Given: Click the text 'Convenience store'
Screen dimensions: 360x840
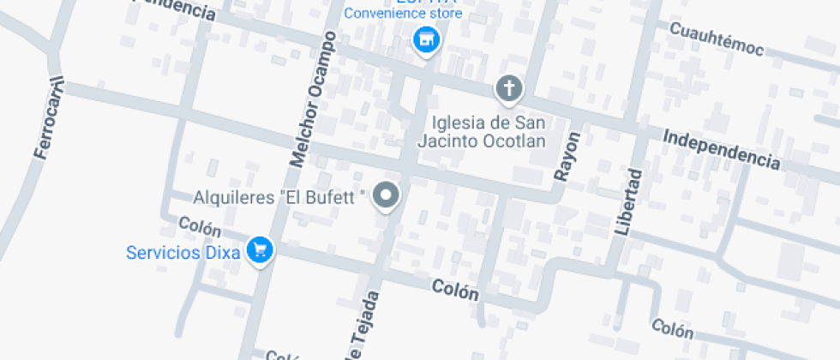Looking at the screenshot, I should [x=403, y=14].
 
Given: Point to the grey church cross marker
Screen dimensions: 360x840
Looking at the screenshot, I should [x=508, y=87].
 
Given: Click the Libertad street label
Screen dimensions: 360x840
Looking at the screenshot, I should [x=628, y=203].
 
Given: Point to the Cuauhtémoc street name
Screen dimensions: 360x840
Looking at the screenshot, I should [x=716, y=39].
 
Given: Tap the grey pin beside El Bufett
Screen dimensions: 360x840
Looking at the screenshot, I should [x=388, y=197].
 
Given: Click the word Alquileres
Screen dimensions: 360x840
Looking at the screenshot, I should [x=233, y=198].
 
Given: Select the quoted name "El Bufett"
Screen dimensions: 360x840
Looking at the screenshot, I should [x=323, y=198].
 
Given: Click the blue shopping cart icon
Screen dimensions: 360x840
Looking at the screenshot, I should [x=259, y=250].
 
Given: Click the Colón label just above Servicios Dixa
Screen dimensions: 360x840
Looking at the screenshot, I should [x=200, y=227].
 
